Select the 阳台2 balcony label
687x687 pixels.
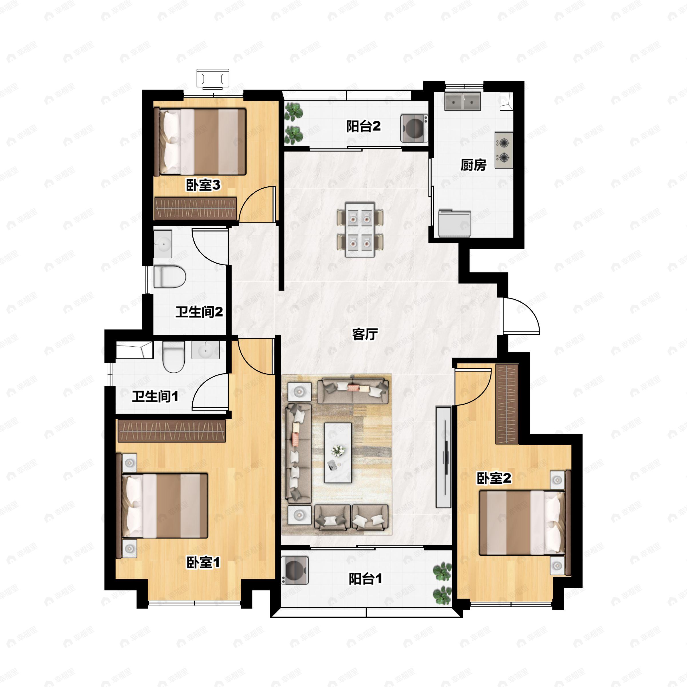364,126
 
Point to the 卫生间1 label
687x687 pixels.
155,396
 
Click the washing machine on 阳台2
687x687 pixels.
414,128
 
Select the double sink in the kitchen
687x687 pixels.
462,101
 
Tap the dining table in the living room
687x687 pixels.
360,230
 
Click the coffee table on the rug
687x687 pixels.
338,453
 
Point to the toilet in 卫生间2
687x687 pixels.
170,276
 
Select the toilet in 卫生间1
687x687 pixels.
174,357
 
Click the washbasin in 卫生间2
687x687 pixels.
163,244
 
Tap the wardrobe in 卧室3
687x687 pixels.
196,208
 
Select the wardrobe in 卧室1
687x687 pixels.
172,430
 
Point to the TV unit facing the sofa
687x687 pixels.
443,457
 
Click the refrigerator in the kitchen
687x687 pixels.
455,223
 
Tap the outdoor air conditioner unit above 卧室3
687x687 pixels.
213,79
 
